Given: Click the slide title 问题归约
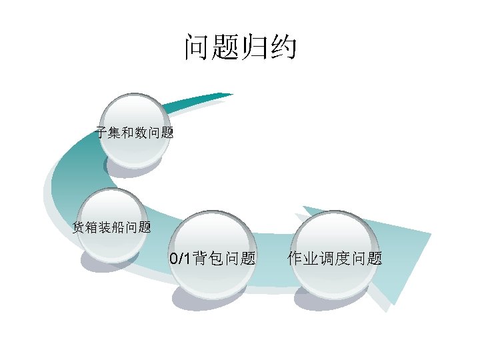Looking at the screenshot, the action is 240,48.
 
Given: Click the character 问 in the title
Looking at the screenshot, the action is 197,48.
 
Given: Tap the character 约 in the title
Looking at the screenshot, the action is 283,48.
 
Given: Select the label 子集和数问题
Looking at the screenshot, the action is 135,133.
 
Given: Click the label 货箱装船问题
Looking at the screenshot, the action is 111,227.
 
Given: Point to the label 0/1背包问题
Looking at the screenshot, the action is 213,259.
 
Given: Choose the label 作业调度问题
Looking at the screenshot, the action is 335,259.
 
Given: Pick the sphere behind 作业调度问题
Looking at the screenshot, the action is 335,253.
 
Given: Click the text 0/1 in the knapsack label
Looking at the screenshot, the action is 180,259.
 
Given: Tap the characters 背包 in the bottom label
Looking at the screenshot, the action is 207,259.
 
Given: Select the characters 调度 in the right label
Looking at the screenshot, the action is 335,259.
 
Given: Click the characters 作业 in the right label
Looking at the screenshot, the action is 303,259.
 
